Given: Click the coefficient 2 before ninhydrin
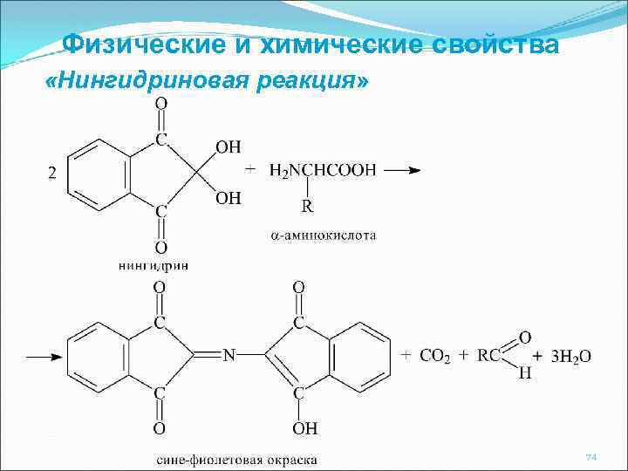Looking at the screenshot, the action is point(51,173).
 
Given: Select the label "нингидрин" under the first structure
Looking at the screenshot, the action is point(152,264).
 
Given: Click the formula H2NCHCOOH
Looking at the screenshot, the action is point(323,171).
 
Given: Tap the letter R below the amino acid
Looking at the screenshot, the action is point(307,207).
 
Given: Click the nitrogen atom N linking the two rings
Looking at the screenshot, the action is point(229,356).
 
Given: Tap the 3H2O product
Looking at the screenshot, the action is point(571,356).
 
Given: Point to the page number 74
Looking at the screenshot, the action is point(590,457).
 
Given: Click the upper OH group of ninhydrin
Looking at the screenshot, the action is point(229,147).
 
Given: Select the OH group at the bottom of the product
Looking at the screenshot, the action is point(305,428).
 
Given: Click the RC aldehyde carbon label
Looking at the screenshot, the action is point(488,355).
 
